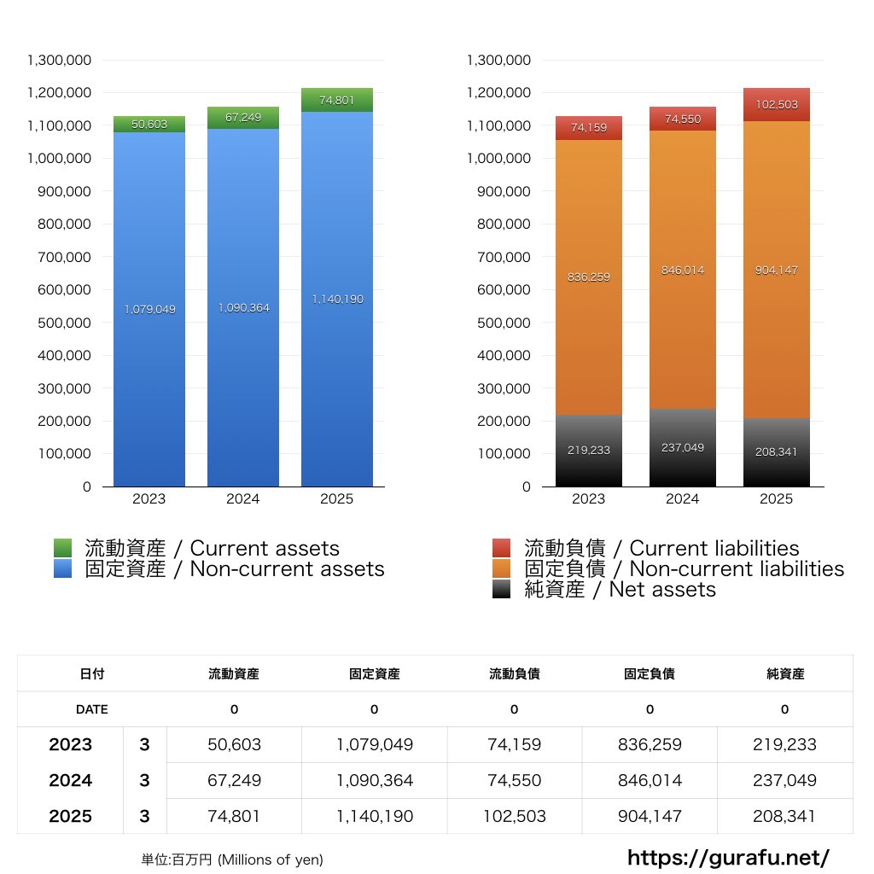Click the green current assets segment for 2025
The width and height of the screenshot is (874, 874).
coord(336,100)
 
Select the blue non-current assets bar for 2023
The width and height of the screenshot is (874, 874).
coord(149,309)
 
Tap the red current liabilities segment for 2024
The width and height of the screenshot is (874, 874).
coord(683,119)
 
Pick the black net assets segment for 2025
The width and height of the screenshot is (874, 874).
coord(776,452)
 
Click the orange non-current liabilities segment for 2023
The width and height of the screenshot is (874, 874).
coord(588,277)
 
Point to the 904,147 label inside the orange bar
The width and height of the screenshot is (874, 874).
coord(776,270)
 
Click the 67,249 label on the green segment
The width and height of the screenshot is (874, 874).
coord(243,118)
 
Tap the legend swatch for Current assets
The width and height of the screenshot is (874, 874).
coord(62,548)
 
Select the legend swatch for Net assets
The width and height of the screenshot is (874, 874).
coord(502,589)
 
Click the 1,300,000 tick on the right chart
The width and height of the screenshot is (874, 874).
coord(499,60)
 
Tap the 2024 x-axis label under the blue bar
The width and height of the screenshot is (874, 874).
coord(243,499)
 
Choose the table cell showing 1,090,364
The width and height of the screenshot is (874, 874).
coord(374,780)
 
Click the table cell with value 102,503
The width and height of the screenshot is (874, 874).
coord(514,816)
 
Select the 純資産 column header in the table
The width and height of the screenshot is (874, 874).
coord(785,673)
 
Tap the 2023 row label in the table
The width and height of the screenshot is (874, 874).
coord(71,744)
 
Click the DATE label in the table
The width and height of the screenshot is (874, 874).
coord(92,709)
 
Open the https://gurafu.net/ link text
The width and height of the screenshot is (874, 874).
coord(728,857)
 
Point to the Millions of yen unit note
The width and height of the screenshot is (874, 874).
coord(232,859)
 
